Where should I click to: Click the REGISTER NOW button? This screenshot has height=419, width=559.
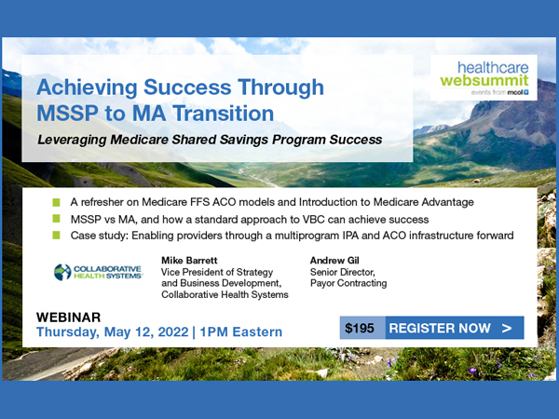coord(455,328)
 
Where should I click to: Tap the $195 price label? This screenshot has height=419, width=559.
coord(360,328)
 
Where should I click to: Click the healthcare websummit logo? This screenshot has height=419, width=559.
coord(484,78)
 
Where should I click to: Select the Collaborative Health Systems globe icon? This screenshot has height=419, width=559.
coord(62,272)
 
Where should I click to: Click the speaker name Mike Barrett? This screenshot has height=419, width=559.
coord(189,261)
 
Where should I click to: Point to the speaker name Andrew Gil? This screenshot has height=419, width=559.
coord(334,261)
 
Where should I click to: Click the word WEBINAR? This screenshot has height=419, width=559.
coord(68,318)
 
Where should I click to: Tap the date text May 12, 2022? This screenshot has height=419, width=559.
coord(146,332)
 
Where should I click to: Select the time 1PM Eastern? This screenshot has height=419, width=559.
coord(241,332)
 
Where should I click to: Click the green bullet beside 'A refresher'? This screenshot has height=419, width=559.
coord(56,202)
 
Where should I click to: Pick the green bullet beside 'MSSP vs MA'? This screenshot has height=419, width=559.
coord(56,219)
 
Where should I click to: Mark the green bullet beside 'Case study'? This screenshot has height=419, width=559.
coord(56,235)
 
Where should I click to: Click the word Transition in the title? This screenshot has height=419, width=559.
coord(224,114)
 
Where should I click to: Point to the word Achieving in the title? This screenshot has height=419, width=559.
coord(87,88)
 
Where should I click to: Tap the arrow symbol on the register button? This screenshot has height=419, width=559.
coord(507,328)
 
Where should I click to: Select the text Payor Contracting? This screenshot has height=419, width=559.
coord(348,283)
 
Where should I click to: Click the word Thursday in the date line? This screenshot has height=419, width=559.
coord(68,332)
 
